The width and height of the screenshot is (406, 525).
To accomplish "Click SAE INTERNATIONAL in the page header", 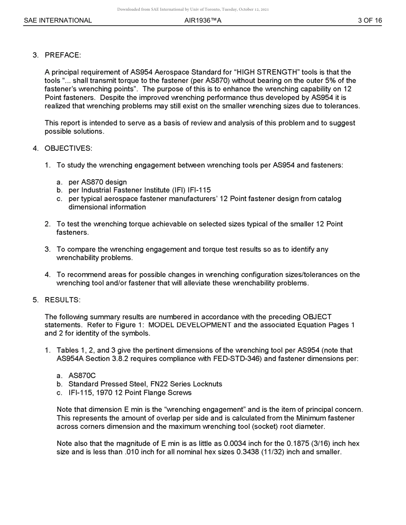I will pyautogui.click(x=58, y=20).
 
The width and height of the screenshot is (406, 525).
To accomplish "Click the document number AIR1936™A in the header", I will pyautogui.click(x=203, y=20).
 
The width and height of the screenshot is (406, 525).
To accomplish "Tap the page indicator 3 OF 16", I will pyautogui.click(x=370, y=20).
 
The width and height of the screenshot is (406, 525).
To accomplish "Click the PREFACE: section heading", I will pyautogui.click(x=62, y=55).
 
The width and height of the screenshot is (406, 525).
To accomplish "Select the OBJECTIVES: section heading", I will pyautogui.click(x=68, y=148).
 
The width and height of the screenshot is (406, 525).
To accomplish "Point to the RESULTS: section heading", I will pyautogui.click(x=62, y=300).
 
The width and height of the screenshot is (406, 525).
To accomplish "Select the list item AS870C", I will pyautogui.click(x=82, y=376).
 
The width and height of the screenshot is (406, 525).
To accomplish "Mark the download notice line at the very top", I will pyautogui.click(x=193, y=9).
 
